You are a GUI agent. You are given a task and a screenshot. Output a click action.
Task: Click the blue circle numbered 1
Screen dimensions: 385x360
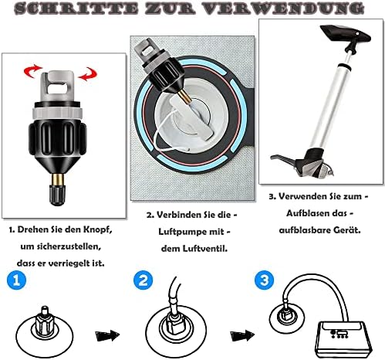point(16,280)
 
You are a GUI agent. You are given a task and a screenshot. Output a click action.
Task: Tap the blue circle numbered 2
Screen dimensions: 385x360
point(143,280)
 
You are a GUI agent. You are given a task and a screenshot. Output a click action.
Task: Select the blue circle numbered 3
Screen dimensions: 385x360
point(264,280)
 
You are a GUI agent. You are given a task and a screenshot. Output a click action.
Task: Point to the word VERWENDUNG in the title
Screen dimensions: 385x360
point(283,8)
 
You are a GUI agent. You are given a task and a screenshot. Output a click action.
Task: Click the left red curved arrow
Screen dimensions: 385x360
point(32,71)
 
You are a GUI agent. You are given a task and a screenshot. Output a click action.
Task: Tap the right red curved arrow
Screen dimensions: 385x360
point(88,74)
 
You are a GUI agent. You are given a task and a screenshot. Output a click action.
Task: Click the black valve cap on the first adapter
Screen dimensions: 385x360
point(57,195)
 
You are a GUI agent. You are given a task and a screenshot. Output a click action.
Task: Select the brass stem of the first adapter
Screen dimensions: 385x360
point(57,179)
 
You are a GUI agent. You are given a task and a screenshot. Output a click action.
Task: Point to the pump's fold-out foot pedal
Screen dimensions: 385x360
point(283,159)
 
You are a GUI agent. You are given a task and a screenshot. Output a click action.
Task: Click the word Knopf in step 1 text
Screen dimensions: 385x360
point(98,229)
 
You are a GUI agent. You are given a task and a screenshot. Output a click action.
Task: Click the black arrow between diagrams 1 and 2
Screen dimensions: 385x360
point(107,335)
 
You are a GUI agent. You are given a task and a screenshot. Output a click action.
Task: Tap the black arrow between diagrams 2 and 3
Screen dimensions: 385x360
point(242,335)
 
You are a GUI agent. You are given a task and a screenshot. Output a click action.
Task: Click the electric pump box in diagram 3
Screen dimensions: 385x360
point(343,339)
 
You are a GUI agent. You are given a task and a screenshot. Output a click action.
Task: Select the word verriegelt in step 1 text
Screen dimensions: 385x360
point(69,263)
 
